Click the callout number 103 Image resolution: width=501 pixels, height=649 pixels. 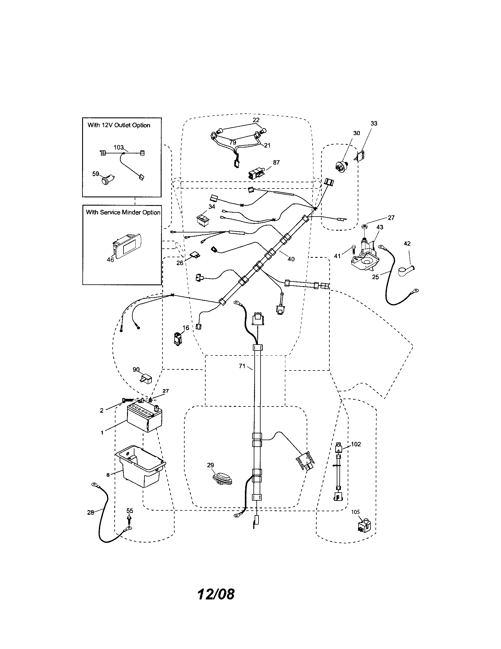coord(118,147)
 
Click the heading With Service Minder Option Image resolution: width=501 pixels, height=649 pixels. coord(123,212)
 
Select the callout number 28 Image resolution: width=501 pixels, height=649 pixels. coord(90,512)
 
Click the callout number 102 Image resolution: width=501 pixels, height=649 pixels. coord(356,444)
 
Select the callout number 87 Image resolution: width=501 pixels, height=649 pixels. coord(276,163)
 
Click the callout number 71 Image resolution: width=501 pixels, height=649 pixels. coord(242,366)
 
